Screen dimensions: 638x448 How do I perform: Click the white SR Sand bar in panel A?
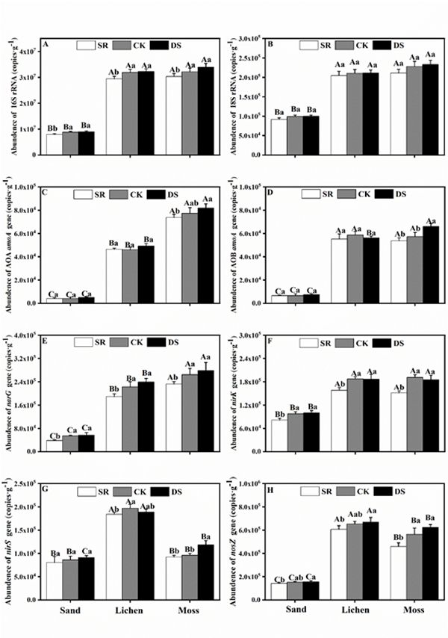click(53, 143)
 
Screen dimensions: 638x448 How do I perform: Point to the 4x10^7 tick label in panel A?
click(30, 51)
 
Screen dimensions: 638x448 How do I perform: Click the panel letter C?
click(46, 191)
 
